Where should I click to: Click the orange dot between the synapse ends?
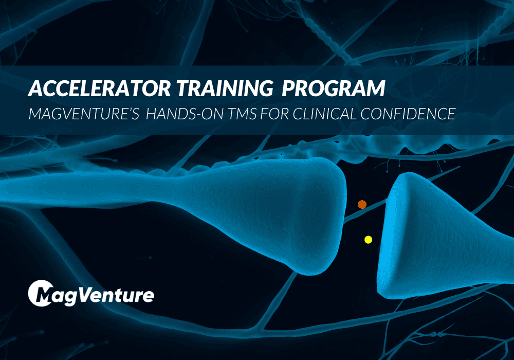[362, 204]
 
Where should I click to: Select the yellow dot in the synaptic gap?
[368, 239]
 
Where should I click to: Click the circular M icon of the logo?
[41, 294]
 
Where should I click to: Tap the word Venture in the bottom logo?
[121, 296]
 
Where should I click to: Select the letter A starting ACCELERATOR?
[35, 89]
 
